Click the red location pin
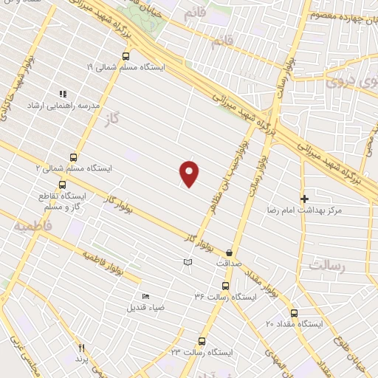(190, 173)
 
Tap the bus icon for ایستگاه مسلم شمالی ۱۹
(125, 56)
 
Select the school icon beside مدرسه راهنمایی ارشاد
(62, 94)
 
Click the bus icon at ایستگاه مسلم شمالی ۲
(73, 157)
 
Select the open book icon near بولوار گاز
(188, 263)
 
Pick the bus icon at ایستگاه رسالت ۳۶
(225, 286)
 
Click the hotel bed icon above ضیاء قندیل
(145, 296)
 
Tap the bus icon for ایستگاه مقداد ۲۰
(295, 312)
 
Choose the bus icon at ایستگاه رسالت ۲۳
(202, 341)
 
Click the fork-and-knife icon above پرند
(82, 348)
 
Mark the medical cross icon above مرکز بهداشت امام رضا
(304, 199)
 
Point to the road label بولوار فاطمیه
(111, 267)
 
